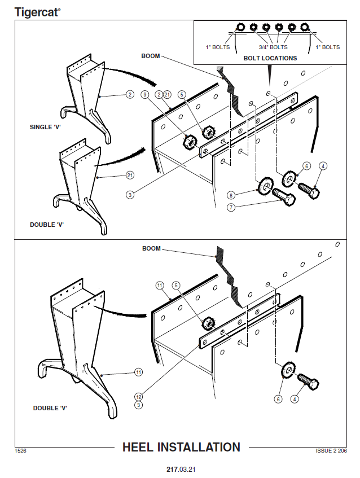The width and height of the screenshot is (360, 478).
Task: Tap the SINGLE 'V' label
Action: click(x=45, y=127)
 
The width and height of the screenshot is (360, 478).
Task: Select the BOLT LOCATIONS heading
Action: click(x=270, y=58)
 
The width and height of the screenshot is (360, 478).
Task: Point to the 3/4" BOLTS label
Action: click(x=273, y=47)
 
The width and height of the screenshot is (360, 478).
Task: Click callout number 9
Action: click(x=145, y=94)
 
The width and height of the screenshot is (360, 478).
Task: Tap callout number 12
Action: click(x=139, y=397)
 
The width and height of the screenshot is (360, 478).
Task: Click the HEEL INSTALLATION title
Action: click(x=181, y=448)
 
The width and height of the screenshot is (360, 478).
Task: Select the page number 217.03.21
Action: click(x=181, y=469)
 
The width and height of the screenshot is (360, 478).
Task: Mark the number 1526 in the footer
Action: click(x=21, y=451)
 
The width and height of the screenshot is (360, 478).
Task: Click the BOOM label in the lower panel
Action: click(x=151, y=248)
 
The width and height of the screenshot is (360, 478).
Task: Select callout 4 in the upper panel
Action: click(x=322, y=166)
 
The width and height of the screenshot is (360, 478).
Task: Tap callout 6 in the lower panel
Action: click(x=278, y=399)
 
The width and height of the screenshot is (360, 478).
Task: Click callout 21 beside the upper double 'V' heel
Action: click(x=129, y=176)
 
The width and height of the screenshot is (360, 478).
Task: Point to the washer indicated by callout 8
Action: click(x=264, y=185)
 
